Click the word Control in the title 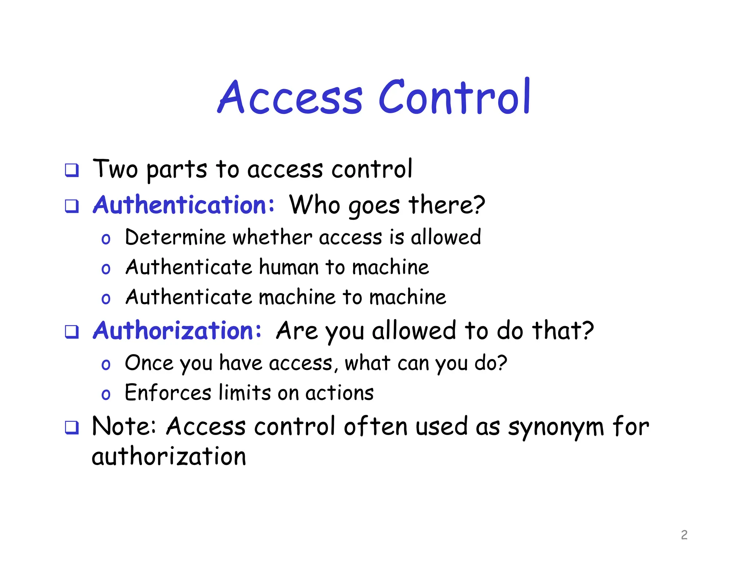pos(454,97)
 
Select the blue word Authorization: pos(177,331)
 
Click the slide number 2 pos(684,535)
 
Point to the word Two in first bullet pos(115,169)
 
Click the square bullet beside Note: pos(72,427)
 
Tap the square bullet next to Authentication pos(72,206)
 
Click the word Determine pos(175,237)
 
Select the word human pos(289,267)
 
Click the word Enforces pos(168,393)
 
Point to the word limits pos(245,393)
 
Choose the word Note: pos(124,426)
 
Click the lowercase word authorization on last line pos(169,457)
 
